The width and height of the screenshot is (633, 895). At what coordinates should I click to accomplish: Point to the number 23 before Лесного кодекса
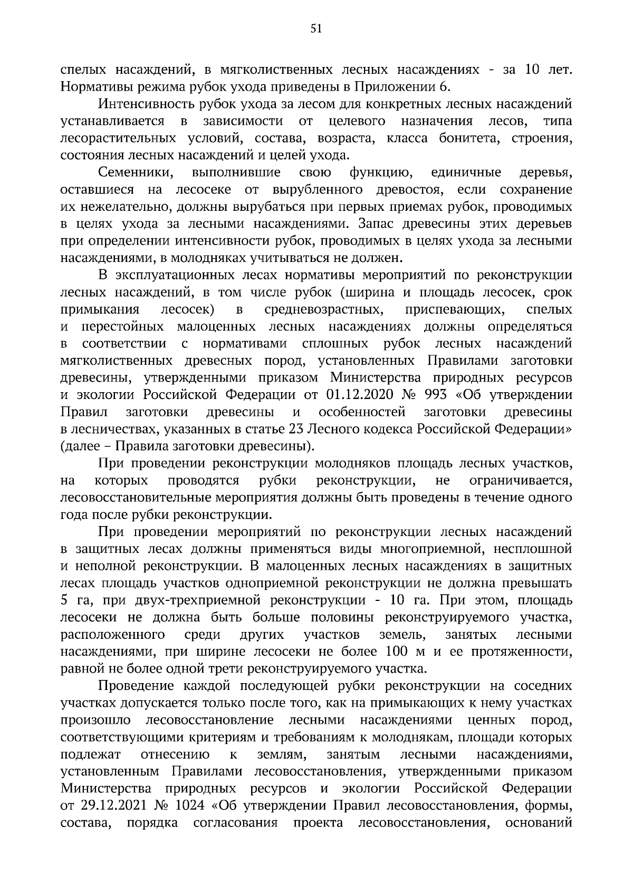[296, 429]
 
